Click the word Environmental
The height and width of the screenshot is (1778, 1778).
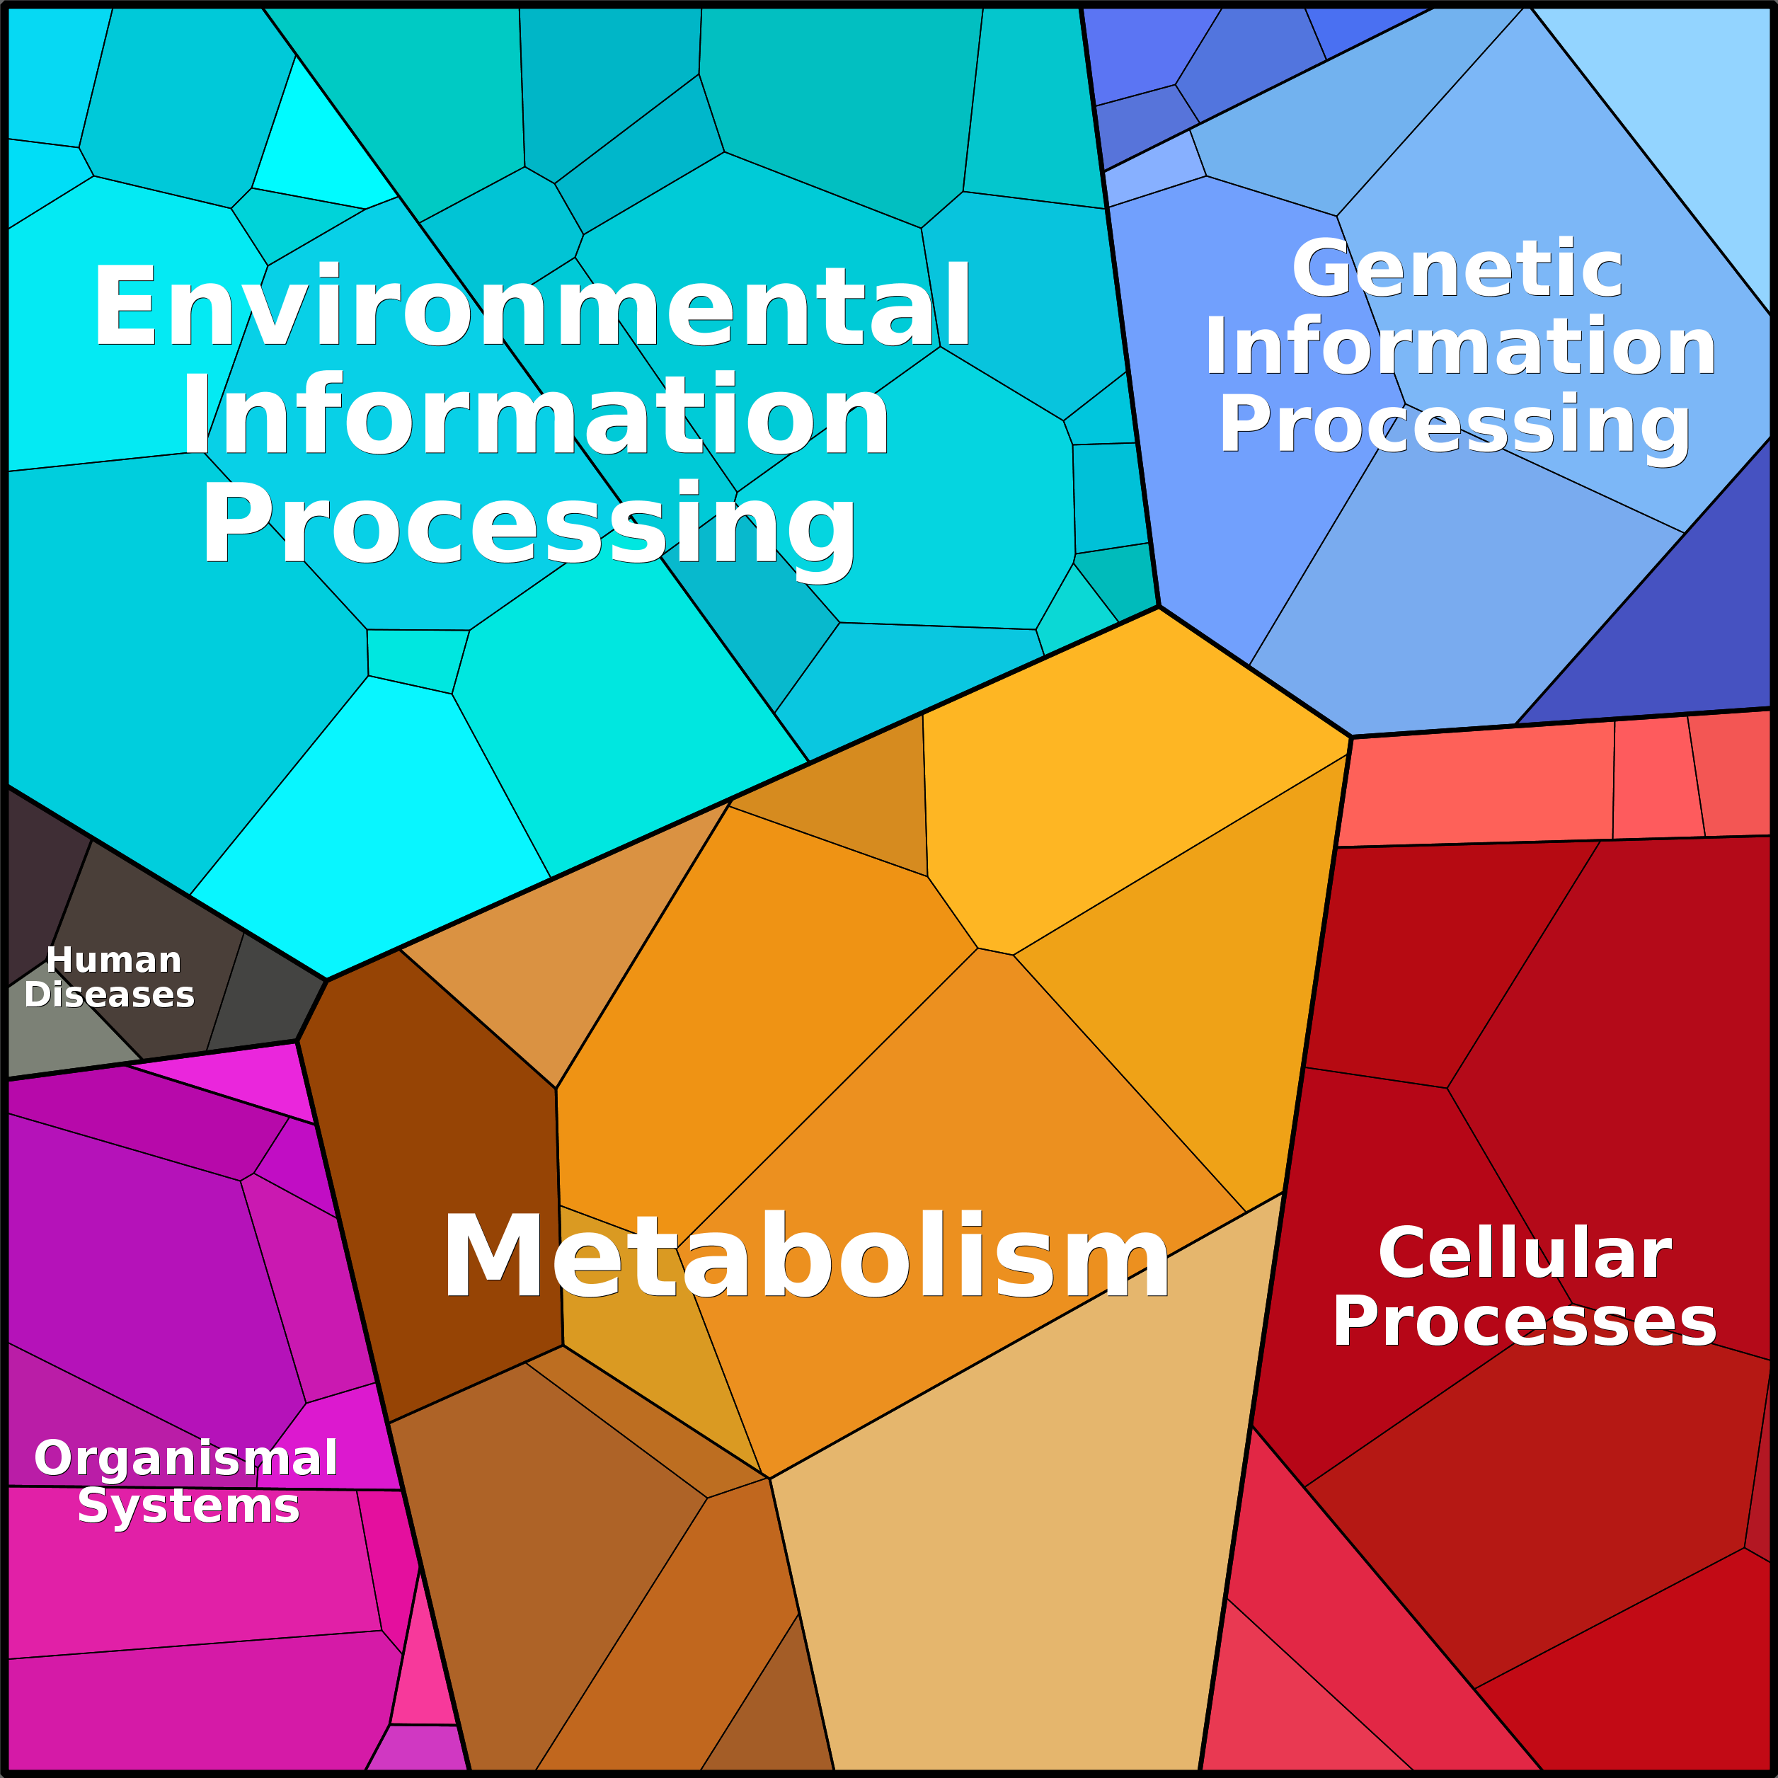point(532,306)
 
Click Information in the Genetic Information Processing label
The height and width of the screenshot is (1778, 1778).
point(1459,347)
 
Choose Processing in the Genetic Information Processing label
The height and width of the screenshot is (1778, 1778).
point(1454,424)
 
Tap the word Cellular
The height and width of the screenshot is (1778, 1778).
point(1524,1253)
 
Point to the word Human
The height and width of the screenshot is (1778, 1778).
point(113,960)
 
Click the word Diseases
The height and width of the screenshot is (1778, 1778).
point(110,995)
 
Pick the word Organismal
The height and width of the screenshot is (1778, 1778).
point(186,1459)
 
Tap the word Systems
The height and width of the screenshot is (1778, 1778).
point(189,1506)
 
